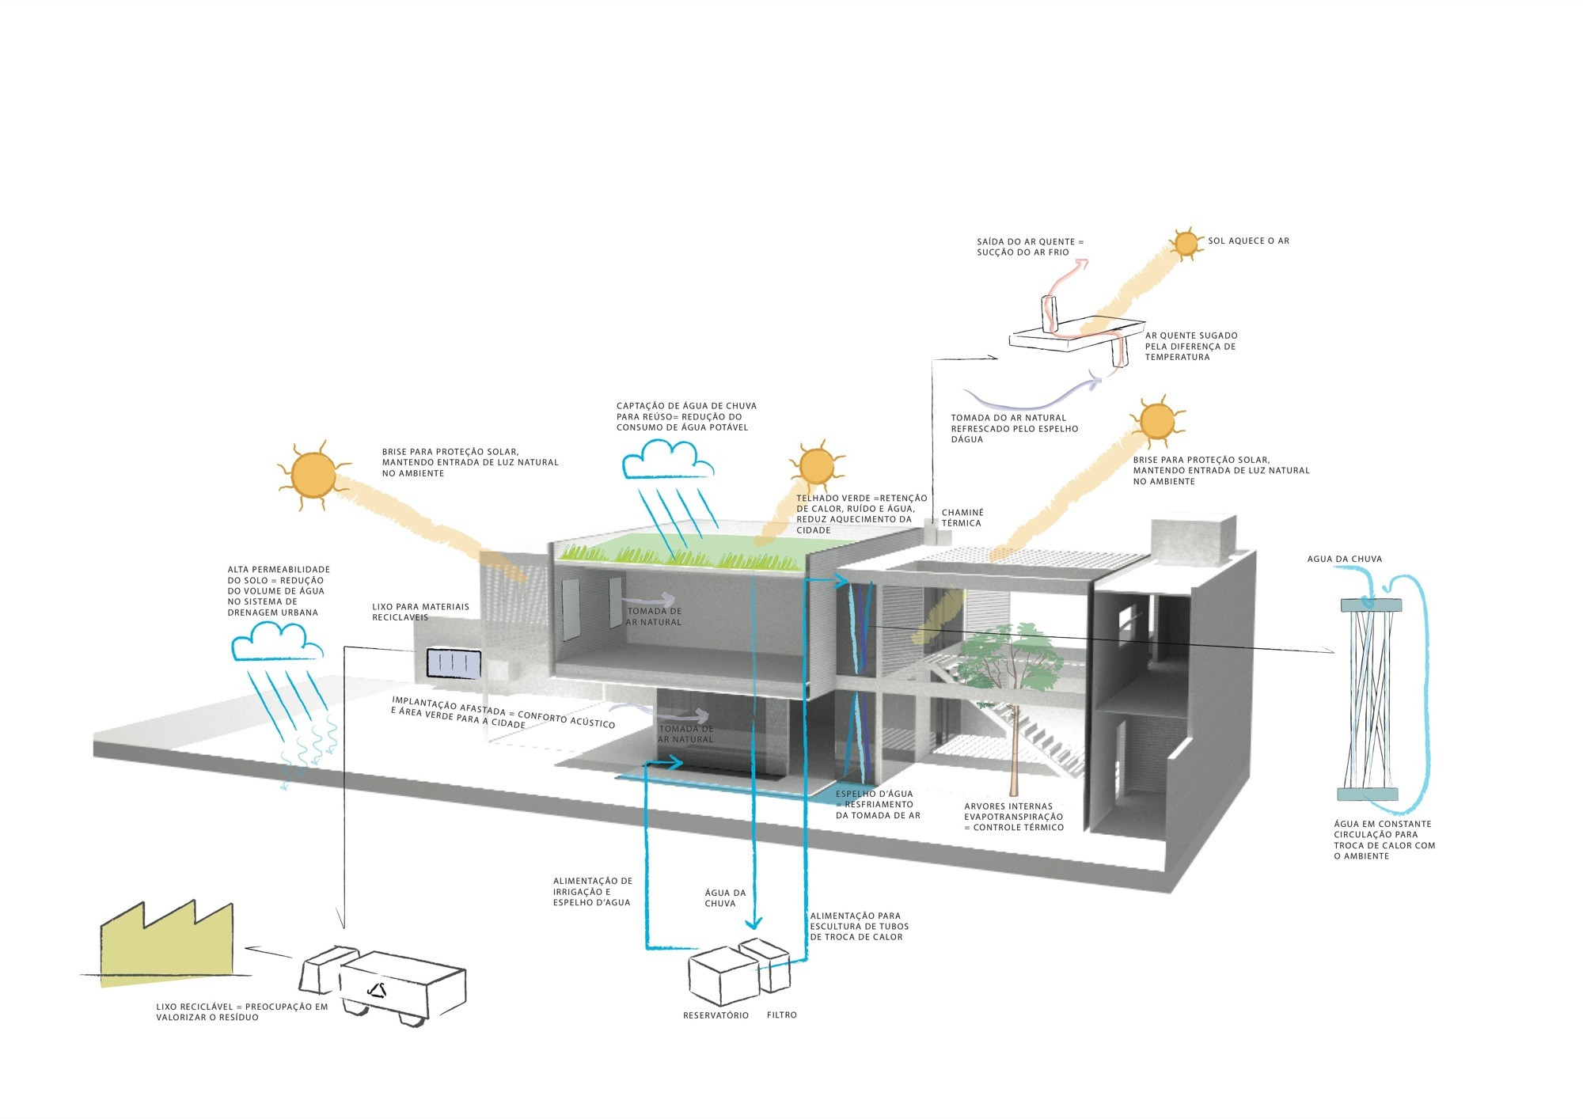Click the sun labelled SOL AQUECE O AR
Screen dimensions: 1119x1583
[1186, 244]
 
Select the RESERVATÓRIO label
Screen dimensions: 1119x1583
[716, 1015]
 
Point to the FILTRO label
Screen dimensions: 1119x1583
[781, 1015]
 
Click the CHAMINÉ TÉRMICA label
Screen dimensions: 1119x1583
[962, 518]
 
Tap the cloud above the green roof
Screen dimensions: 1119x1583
[667, 460]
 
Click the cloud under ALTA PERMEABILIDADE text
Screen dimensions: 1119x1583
[277, 642]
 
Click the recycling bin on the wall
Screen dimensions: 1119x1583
[454, 663]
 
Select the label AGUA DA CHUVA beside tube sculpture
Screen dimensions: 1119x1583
[1344, 559]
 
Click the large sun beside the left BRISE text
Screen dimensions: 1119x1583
[313, 475]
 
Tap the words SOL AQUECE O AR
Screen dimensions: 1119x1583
[1248, 241]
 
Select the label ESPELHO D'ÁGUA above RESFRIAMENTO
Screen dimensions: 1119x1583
[874, 794]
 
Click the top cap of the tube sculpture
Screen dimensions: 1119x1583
[1370, 605]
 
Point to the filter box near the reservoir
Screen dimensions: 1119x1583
[766, 965]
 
